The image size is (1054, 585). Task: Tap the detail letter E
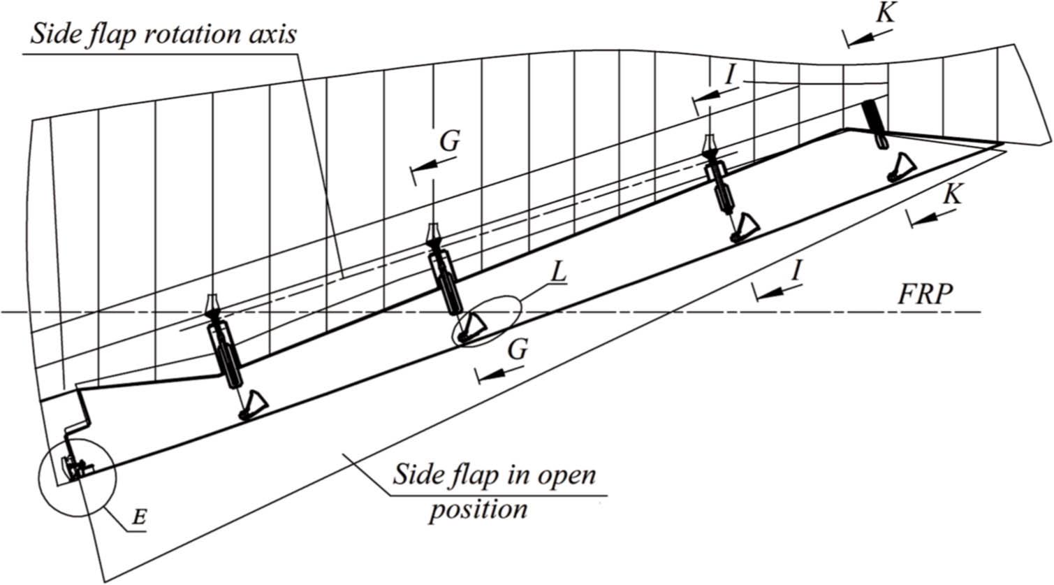139,518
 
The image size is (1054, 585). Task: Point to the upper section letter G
449,141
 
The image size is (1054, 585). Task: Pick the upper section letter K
886,13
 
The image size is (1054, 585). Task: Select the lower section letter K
951,195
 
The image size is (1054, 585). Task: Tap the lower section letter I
795,270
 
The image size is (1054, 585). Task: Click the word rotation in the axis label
194,34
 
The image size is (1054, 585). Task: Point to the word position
478,508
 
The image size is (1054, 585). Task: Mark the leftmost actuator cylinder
228,353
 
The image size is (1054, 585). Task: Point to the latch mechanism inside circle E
75,464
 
